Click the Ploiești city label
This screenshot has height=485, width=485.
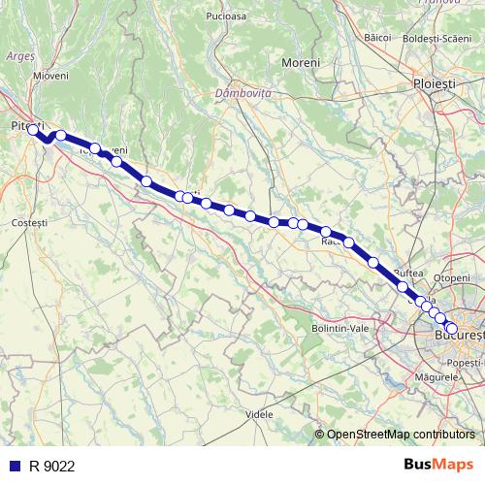(x=433, y=84)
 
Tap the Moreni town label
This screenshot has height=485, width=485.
(x=300, y=63)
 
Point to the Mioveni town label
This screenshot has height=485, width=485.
(x=49, y=75)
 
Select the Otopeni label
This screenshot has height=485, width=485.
(x=451, y=277)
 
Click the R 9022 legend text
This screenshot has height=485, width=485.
(x=51, y=466)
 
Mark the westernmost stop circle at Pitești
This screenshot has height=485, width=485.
(x=32, y=129)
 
